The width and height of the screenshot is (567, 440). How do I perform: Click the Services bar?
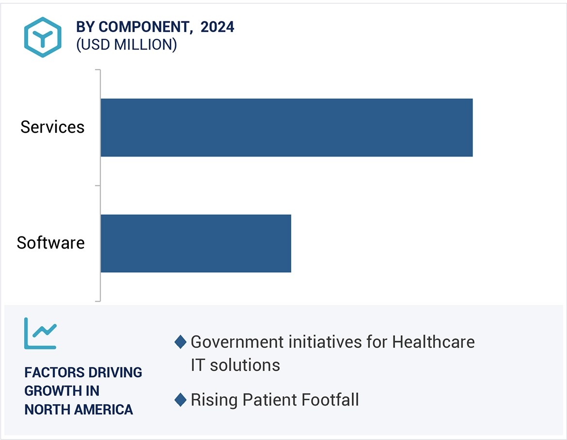click(286, 127)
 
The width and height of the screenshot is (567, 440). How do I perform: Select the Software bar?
click(196, 243)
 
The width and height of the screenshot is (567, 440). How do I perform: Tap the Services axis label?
click(52, 127)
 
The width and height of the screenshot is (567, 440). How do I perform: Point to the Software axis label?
click(50, 243)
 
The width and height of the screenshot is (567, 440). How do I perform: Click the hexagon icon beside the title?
click(43, 37)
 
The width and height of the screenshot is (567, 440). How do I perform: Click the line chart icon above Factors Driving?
click(40, 333)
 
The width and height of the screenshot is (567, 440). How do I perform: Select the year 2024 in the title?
click(218, 27)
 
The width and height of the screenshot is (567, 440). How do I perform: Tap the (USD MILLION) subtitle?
click(126, 45)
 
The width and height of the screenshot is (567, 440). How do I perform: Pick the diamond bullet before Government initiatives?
click(180, 342)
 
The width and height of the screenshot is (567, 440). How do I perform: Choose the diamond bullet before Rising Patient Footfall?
click(180, 400)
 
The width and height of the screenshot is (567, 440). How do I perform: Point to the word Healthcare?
click(433, 342)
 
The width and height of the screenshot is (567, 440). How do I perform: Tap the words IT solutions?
click(235, 365)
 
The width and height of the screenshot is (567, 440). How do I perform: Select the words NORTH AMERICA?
click(79, 409)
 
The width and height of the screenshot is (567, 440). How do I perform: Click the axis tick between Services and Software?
click(97, 186)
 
